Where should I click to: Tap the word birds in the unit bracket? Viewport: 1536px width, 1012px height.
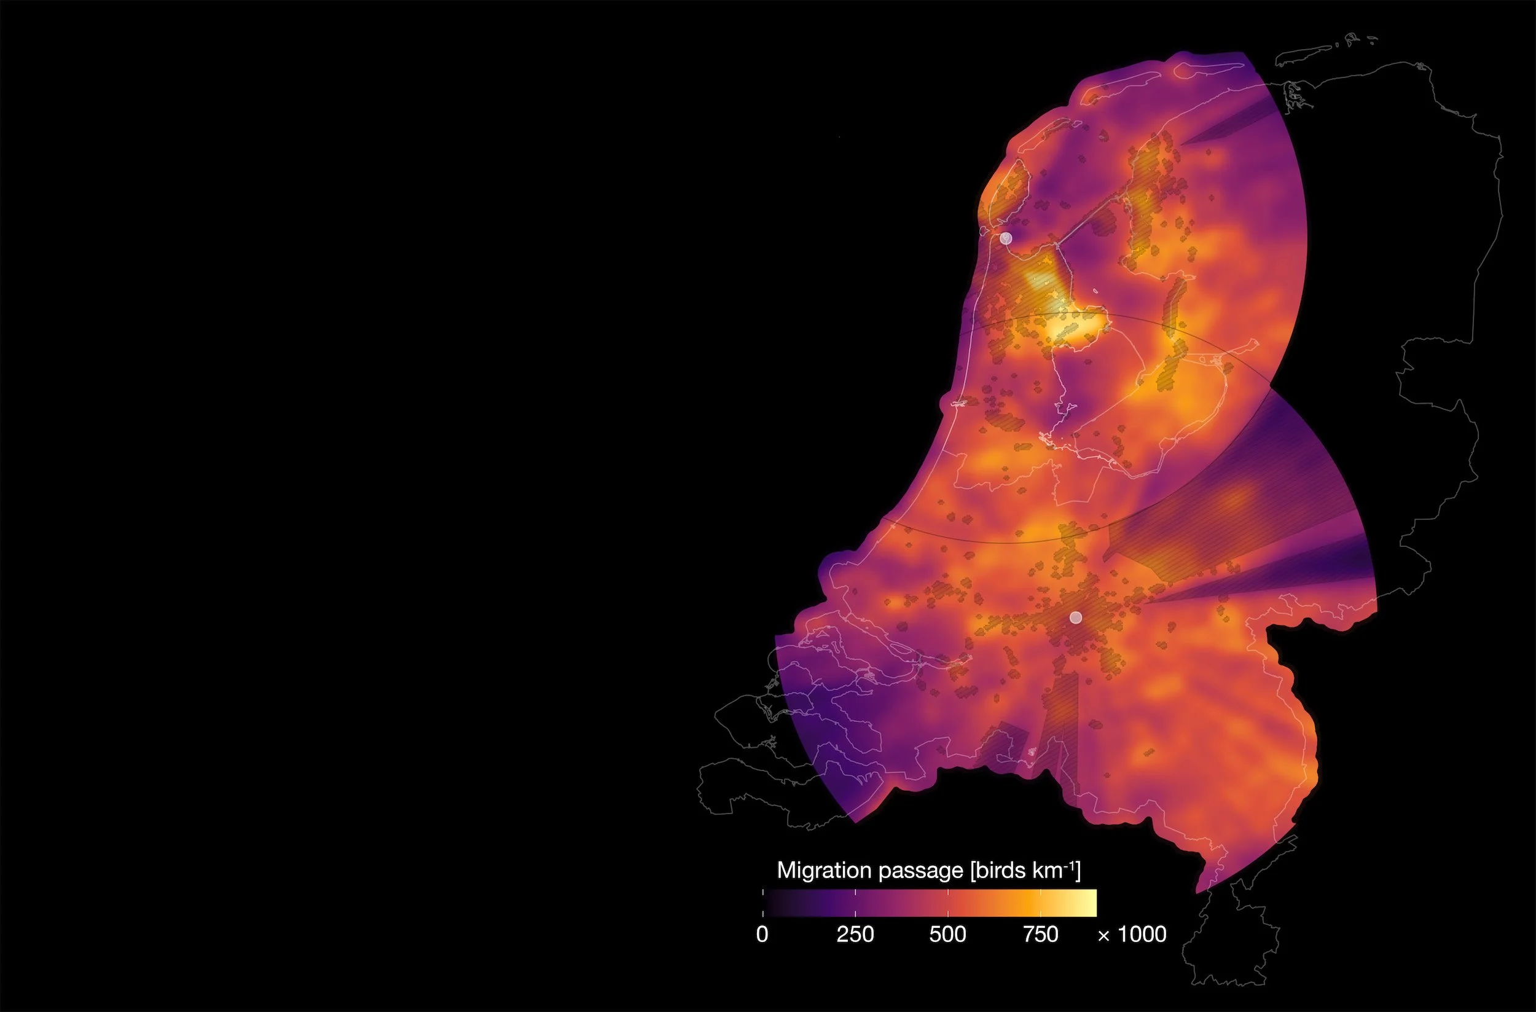coord(1000,871)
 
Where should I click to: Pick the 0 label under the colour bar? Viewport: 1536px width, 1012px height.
coord(762,935)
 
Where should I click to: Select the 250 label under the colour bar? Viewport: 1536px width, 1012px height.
coord(855,935)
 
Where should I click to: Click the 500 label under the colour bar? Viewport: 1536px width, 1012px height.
coord(947,935)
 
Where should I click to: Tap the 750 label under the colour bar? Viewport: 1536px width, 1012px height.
coord(1040,935)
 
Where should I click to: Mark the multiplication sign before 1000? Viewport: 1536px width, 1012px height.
coord(1103,935)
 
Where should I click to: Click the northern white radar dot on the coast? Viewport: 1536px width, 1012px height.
coord(1005,238)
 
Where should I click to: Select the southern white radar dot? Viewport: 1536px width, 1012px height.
coord(1075,618)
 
